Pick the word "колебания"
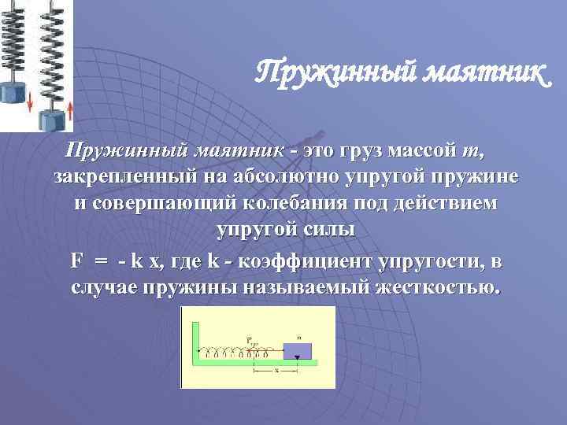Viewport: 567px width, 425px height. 295,203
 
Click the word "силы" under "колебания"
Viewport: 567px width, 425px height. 329,230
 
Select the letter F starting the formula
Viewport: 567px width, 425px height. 76,259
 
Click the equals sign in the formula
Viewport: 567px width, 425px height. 102,260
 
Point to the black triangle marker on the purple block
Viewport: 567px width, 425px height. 297,358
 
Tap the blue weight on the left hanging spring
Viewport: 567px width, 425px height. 15,91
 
